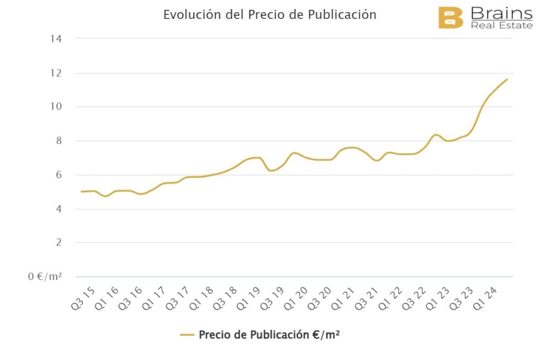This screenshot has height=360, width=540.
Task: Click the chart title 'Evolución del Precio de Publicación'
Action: coord(269,14)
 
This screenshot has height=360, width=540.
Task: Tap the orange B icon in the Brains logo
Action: coord(450,17)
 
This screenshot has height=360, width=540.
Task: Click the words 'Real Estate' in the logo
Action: coord(502,25)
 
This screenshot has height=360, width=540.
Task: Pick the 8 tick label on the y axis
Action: coord(59,141)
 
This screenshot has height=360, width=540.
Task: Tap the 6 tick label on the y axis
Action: coord(59,175)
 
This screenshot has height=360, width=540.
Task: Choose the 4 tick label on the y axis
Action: coord(59,209)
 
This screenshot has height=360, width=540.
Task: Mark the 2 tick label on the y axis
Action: coord(59,242)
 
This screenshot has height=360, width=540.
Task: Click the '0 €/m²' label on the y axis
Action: coord(45,276)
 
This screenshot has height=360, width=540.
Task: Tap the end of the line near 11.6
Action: coord(507,80)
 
